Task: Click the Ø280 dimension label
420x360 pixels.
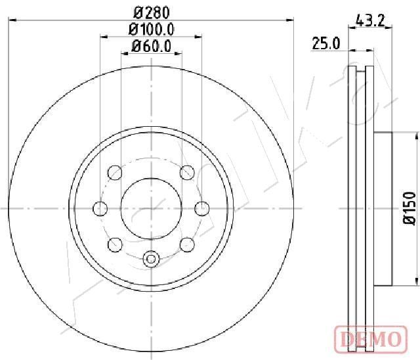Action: pyautogui.click(x=152, y=12)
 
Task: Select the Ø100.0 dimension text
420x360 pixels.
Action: pyautogui.click(x=152, y=29)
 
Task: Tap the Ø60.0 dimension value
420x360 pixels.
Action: pyautogui.click(x=152, y=46)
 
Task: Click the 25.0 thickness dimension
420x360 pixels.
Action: pyautogui.click(x=325, y=44)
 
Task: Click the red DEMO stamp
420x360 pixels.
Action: pyautogui.click(x=371, y=339)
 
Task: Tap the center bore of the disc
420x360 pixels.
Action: pyautogui.click(x=152, y=208)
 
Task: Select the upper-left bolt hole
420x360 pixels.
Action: pyautogui.click(x=115, y=173)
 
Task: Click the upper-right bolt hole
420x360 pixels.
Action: pyautogui.click(x=187, y=172)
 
